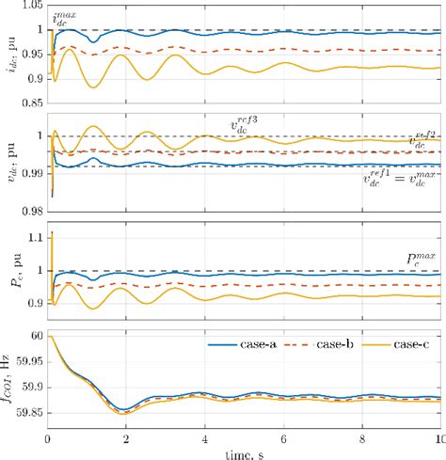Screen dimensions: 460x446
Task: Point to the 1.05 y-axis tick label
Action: (30, 5)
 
